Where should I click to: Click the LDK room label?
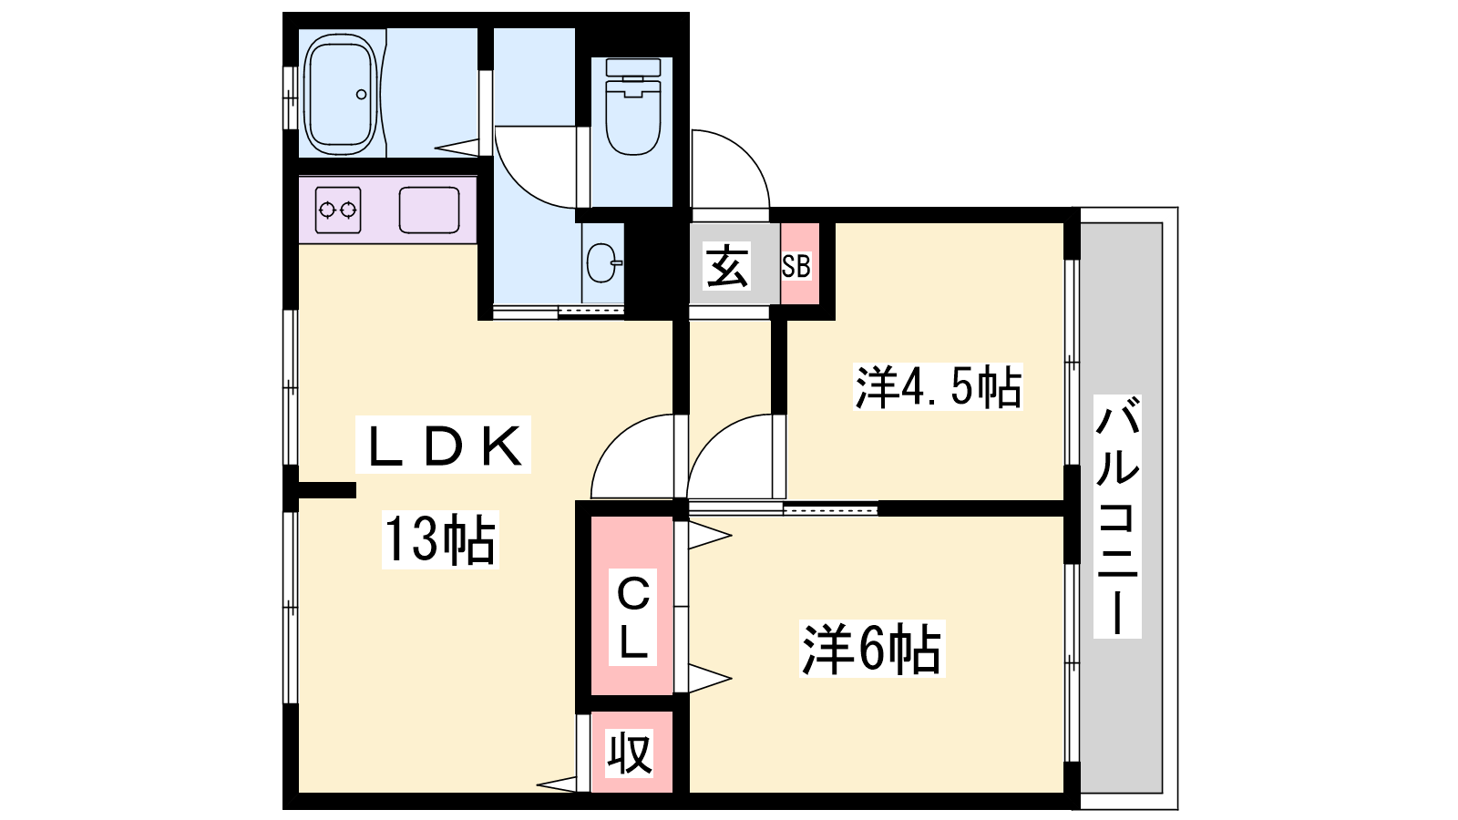[x=446, y=445]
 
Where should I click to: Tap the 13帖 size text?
[x=440, y=539]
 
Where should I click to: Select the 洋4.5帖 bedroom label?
[x=938, y=386]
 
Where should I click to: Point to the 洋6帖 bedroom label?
[x=871, y=649]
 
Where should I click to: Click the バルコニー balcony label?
[x=1117, y=516]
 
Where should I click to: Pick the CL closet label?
[x=633, y=617]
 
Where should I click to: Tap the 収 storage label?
[x=630, y=753]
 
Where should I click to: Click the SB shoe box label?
[x=796, y=266]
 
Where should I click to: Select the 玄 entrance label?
[x=727, y=267]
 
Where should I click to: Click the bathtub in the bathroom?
[x=340, y=94]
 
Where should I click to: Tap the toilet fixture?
[x=633, y=107]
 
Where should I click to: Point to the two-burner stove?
[x=338, y=210]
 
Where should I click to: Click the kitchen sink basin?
[x=429, y=210]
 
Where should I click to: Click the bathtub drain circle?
[x=362, y=95]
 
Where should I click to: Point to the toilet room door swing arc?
[x=537, y=167]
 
